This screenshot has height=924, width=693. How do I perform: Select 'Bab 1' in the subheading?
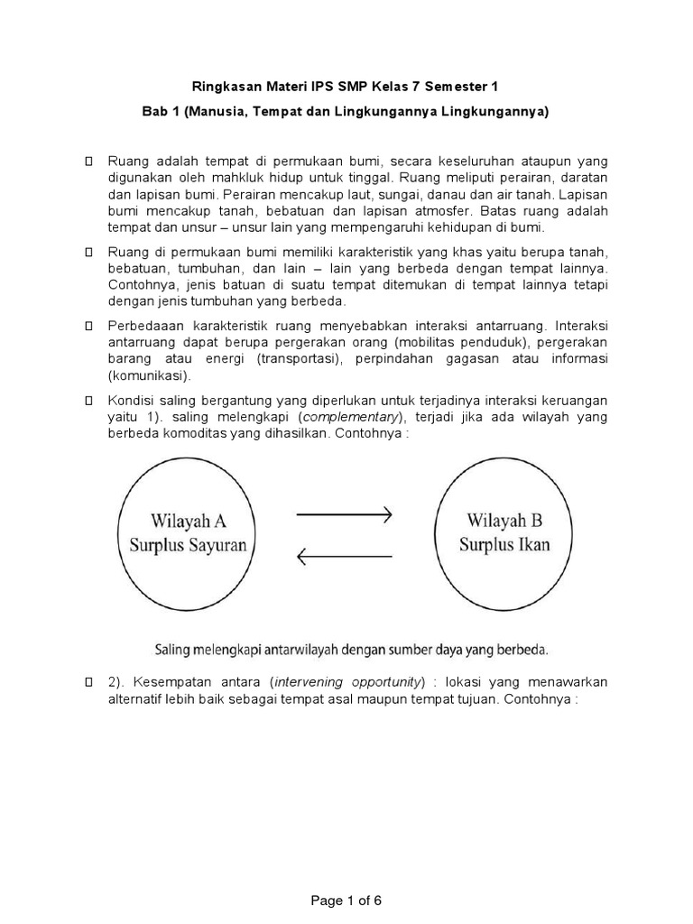[159, 111]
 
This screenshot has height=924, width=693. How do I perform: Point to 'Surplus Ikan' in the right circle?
[504, 544]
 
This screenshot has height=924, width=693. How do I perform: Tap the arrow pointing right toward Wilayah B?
[344, 515]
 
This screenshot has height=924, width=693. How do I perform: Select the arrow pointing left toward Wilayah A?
[344, 557]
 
